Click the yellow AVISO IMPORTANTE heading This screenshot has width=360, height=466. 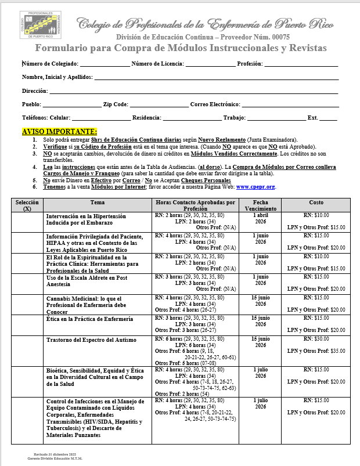(60, 132)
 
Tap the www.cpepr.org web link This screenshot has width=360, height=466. (255, 187)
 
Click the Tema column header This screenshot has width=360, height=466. (97, 202)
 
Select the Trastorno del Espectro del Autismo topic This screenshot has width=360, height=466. (92, 339)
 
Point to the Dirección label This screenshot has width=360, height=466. (35, 91)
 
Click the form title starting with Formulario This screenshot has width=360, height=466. (181, 48)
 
